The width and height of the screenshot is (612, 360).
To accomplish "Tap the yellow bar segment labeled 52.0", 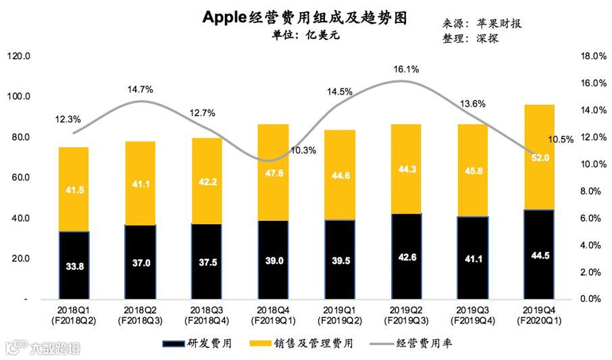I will [x=539, y=157].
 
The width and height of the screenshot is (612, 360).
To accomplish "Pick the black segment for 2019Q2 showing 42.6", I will [x=405, y=256].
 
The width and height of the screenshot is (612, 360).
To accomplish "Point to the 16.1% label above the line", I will [x=406, y=69].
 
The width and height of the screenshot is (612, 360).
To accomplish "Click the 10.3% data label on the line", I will [x=303, y=150].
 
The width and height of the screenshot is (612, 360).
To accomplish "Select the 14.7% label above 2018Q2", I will [x=140, y=89].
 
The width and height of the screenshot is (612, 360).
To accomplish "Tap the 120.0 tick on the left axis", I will [x=18, y=57].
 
